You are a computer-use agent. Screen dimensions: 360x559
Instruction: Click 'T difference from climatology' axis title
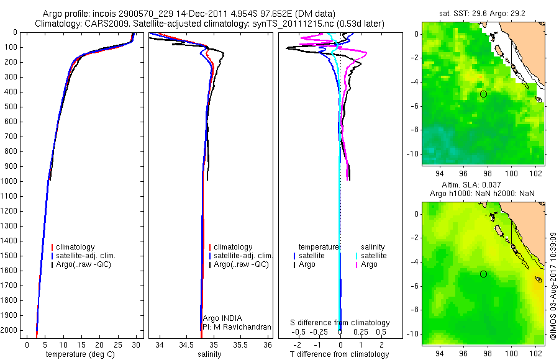340,354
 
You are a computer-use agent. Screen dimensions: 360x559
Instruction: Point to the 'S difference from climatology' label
340,323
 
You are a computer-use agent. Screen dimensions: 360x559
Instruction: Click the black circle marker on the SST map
483,94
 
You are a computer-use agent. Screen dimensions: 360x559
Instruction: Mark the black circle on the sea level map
483,274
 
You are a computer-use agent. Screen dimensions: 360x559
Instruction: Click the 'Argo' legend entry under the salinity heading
369,264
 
